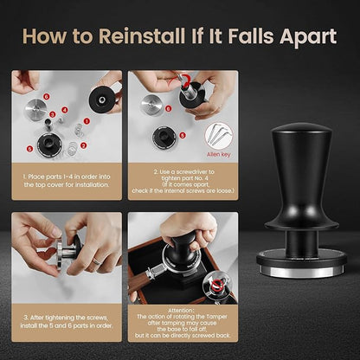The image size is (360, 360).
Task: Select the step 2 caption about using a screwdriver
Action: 177,179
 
